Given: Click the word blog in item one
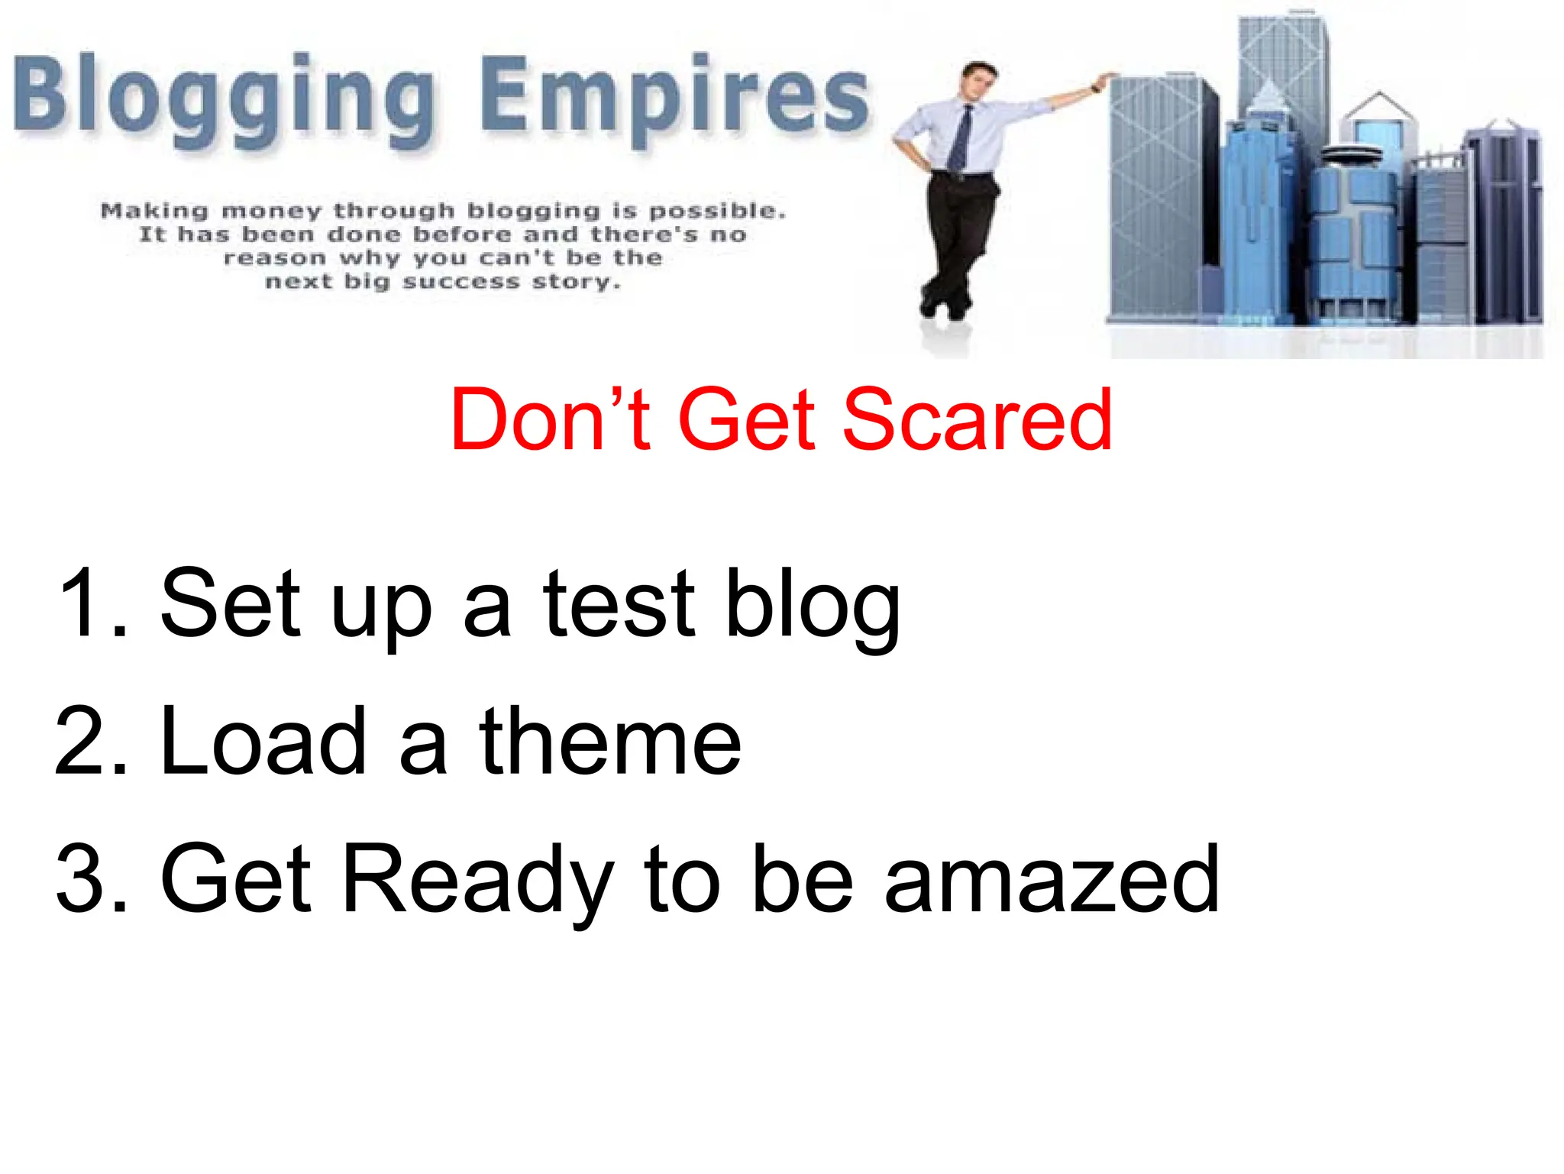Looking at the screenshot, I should click(813, 607).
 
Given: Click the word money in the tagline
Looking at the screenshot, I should click(271, 212).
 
